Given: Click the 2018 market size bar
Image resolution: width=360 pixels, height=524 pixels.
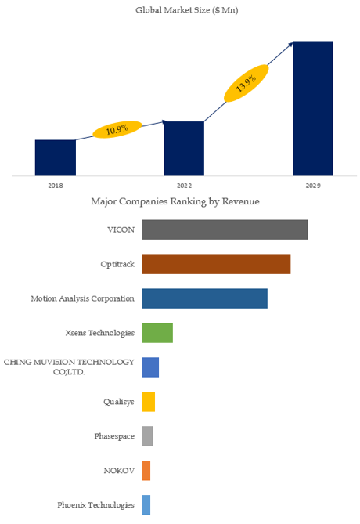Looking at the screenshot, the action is tap(56, 157).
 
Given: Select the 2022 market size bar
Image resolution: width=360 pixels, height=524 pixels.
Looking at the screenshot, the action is tap(184, 148).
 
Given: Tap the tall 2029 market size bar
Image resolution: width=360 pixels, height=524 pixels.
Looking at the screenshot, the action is tap(313, 108).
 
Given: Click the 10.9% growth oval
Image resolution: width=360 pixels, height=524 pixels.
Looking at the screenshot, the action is tap(117, 129).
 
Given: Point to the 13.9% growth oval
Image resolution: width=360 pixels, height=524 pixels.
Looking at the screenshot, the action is tap(246, 83).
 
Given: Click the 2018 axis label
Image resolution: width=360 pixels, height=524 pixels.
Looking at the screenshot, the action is tap(56, 186).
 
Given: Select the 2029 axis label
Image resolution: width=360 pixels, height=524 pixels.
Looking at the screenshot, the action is tap(313, 186).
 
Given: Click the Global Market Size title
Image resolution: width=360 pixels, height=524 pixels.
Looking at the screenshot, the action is tap(187, 10).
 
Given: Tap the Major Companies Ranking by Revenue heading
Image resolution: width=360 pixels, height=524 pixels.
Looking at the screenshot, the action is tap(175, 201).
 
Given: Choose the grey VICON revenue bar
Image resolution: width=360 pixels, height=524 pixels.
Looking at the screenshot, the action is tap(225, 229).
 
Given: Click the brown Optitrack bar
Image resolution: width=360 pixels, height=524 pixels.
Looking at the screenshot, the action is tap(217, 264).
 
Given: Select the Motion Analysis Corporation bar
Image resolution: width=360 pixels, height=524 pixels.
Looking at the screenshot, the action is tap(205, 298).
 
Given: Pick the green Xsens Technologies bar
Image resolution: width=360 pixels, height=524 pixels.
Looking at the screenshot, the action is tap(157, 333).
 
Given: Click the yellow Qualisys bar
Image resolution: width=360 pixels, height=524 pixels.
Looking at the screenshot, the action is tap(149, 402).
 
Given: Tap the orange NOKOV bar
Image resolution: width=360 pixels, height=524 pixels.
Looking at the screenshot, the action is tap(146, 471).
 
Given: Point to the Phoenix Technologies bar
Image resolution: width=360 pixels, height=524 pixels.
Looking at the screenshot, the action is tap(146, 505).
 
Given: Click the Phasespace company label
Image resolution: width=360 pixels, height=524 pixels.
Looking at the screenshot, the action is tap(114, 436).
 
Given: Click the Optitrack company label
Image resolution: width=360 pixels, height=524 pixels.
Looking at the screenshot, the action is tap(117, 264).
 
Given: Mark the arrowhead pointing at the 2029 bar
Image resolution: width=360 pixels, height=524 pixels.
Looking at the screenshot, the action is tap(290, 44).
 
